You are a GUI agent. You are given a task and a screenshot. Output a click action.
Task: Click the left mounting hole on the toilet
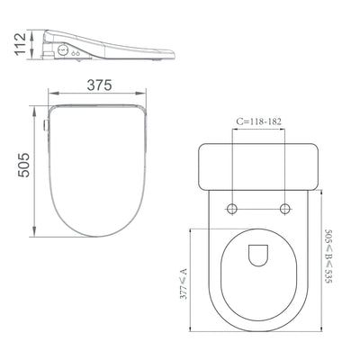[x=233, y=209]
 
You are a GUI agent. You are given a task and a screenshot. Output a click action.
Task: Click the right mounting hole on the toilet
[x=286, y=209]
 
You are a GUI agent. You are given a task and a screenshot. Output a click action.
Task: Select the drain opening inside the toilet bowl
[x=259, y=256]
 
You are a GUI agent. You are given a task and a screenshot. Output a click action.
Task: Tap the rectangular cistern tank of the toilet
[x=259, y=165]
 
